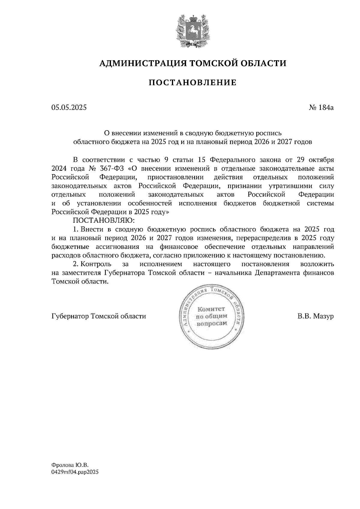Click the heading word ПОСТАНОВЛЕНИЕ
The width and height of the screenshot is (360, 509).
pos(192,82)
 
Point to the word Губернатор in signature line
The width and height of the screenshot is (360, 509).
pos(70,316)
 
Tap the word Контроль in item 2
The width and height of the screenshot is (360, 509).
pos(96,264)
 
